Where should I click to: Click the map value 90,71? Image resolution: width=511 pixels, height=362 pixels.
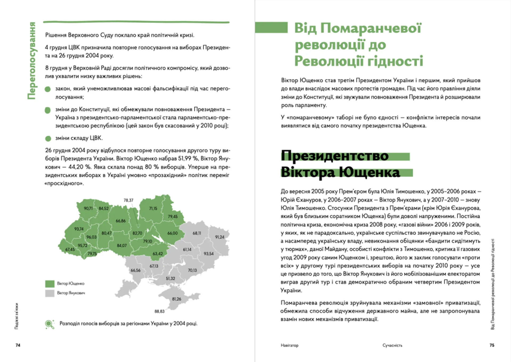[88, 208]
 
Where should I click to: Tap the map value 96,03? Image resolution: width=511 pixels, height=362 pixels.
[91, 237]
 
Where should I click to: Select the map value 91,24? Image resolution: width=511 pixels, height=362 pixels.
[220, 237]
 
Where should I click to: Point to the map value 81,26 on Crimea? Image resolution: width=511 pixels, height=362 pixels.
[176, 299]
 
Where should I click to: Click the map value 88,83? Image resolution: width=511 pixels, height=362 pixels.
[159, 311]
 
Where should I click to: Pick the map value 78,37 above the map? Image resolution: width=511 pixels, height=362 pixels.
[128, 200]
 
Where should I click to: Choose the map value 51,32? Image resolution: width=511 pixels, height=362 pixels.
[170, 278]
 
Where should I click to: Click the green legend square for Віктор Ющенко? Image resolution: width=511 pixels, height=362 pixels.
[50, 284]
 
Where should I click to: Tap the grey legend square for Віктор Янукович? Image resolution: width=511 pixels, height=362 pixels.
[50, 293]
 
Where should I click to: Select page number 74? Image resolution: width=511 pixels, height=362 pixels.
[18, 345]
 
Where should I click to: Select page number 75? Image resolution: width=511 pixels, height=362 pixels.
[492, 345]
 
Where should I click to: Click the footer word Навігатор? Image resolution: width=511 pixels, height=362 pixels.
[289, 345]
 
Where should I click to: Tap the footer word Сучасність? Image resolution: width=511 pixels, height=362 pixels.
[392, 345]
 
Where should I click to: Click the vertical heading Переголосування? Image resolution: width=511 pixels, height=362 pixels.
[32, 61]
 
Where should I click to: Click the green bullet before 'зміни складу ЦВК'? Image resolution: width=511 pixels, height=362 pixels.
[48, 139]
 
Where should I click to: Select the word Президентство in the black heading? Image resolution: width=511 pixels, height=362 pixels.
[335, 156]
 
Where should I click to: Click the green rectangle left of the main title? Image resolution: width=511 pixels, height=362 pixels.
[271, 27]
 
